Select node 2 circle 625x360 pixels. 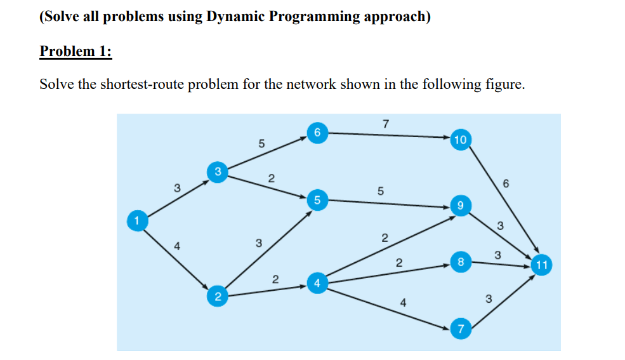tap(217, 296)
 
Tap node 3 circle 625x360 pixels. tap(217, 171)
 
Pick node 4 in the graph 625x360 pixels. tap(317, 282)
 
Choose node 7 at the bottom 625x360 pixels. tap(461, 329)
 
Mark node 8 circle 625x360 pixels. tap(461, 261)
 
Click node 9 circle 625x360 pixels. tap(461, 206)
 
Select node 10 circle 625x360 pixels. tap(461, 139)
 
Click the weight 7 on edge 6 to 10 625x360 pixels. tap(386, 123)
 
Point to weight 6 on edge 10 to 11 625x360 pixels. tap(505, 183)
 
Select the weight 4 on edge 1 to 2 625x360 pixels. tap(177, 247)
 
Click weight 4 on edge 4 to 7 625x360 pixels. tap(403, 303)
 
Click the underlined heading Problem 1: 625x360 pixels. tap(76, 51)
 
